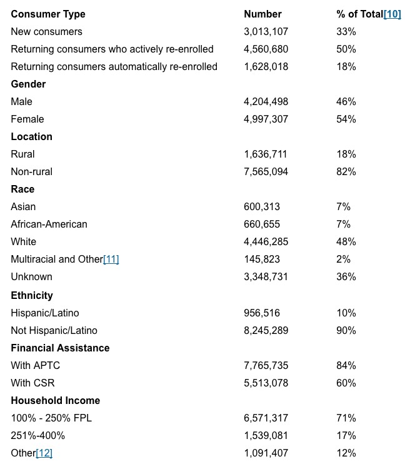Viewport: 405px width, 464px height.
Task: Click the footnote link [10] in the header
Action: coord(392,14)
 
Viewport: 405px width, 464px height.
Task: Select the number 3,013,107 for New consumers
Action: coord(266,31)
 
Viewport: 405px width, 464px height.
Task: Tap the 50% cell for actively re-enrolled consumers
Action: coord(346,49)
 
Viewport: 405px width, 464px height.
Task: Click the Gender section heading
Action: coord(28,84)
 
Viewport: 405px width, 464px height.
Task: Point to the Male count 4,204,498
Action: coord(266,101)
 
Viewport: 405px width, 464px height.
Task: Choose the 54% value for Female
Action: coord(346,119)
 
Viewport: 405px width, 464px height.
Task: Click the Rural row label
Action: coord(22,154)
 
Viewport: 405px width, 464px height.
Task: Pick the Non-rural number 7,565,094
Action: coord(266,171)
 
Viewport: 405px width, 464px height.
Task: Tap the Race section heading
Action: coord(22,189)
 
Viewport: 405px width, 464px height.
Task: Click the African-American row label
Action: coord(49,224)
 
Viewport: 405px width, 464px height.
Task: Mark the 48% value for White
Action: coord(346,241)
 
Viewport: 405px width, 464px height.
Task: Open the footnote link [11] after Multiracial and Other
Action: coord(111,259)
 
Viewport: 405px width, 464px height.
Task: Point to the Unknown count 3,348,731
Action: coord(266,276)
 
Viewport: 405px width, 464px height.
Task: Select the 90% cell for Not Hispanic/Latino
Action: coord(346,330)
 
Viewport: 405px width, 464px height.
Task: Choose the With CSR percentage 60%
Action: coord(346,383)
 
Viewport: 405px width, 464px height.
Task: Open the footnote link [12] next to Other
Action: coord(44,453)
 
